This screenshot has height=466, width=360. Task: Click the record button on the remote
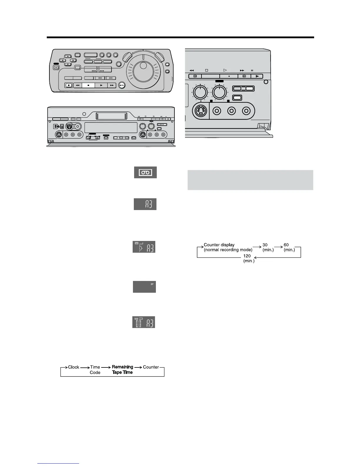tap(69, 85)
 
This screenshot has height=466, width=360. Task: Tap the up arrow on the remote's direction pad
tap(68, 56)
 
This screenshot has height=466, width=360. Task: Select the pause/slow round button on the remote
tap(122, 85)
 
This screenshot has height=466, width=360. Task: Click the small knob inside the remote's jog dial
tap(143, 65)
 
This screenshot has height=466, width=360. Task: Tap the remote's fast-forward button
tap(112, 85)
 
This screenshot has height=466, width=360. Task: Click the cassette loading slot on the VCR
tap(111, 116)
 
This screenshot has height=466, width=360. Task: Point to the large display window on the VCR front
tap(111, 128)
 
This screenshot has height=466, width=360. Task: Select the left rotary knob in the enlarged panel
tap(200, 92)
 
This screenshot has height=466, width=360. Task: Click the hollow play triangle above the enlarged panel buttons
tap(225, 70)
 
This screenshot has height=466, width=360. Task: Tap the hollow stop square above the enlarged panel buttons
tap(206, 71)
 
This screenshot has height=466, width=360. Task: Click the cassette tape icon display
tap(145, 172)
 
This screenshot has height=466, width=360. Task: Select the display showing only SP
tap(144, 287)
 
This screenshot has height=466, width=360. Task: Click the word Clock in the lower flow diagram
tap(74, 367)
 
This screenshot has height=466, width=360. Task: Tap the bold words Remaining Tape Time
tap(122, 370)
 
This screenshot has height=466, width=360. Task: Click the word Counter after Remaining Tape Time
tap(151, 367)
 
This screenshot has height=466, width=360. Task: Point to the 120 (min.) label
tap(249, 258)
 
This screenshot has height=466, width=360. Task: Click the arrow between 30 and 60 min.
tap(278, 247)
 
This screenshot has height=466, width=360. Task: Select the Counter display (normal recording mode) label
tap(228, 247)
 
